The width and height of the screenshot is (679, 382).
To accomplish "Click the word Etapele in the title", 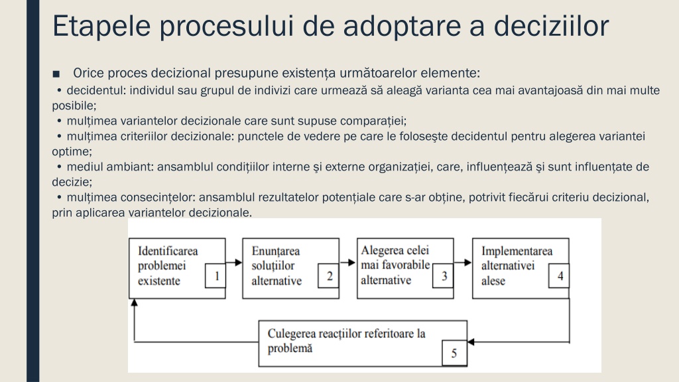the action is click(101, 26).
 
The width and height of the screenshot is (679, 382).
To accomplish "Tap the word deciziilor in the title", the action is click(551, 26).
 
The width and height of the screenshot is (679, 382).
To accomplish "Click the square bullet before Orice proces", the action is click(56, 74).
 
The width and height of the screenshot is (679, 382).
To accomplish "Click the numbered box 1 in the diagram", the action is click(216, 275).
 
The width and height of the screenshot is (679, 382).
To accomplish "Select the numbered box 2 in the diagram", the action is click(328, 275).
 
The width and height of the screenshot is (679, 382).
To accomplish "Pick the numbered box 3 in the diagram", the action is click(443, 275).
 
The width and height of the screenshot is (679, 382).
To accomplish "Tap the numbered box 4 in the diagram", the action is click(559, 275).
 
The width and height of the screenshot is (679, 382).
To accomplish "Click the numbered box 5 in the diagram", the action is click(454, 353).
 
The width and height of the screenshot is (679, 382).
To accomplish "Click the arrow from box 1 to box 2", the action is click(234, 263).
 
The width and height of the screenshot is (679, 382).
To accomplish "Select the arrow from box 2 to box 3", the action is click(347, 263).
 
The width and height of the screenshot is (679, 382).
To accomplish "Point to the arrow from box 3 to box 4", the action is click(462, 263).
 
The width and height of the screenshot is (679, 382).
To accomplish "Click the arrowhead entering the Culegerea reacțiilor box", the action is click(471, 342).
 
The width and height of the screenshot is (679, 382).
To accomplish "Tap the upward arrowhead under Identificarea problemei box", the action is click(134, 302).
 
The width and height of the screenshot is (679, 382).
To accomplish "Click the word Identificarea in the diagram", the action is click(168, 251).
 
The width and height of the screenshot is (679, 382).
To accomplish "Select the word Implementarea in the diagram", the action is click(517, 251).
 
